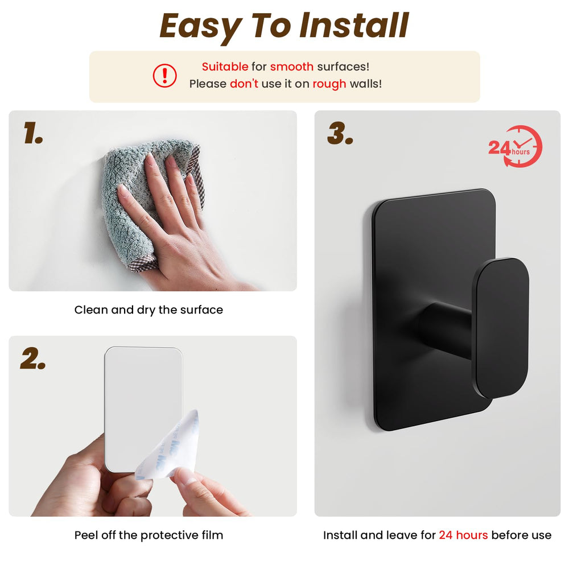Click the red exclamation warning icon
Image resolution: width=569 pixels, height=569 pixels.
point(164,76)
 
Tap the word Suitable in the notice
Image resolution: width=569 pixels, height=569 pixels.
point(225,67)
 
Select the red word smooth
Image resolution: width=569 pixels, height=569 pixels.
point(292,67)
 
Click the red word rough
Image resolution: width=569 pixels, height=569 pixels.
point(329,84)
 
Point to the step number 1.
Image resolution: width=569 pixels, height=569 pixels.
point(33,133)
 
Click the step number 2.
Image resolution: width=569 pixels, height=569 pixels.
point(33,358)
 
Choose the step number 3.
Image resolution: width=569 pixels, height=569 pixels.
point(340,133)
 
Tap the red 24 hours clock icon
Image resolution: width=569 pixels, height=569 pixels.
point(516,147)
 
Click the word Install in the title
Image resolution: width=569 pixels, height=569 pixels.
point(354,26)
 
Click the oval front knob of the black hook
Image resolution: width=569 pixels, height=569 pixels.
point(501,328)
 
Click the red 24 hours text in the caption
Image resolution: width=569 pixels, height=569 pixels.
point(463,535)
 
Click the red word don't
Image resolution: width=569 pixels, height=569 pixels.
point(244,84)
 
